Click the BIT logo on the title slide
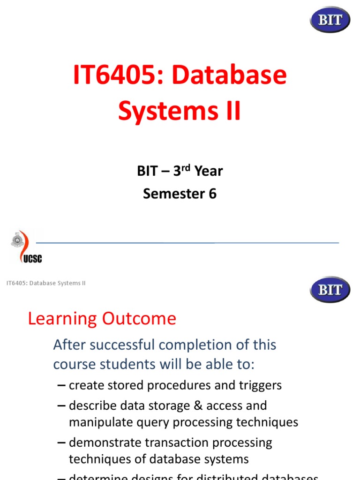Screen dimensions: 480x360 330,20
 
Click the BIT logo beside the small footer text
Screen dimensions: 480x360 330,289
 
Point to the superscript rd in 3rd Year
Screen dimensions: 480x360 187,167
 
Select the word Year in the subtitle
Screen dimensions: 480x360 209,171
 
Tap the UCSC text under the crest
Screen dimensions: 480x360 31,258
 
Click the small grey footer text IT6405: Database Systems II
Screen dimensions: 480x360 46,283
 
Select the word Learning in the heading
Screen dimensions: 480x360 62,319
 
